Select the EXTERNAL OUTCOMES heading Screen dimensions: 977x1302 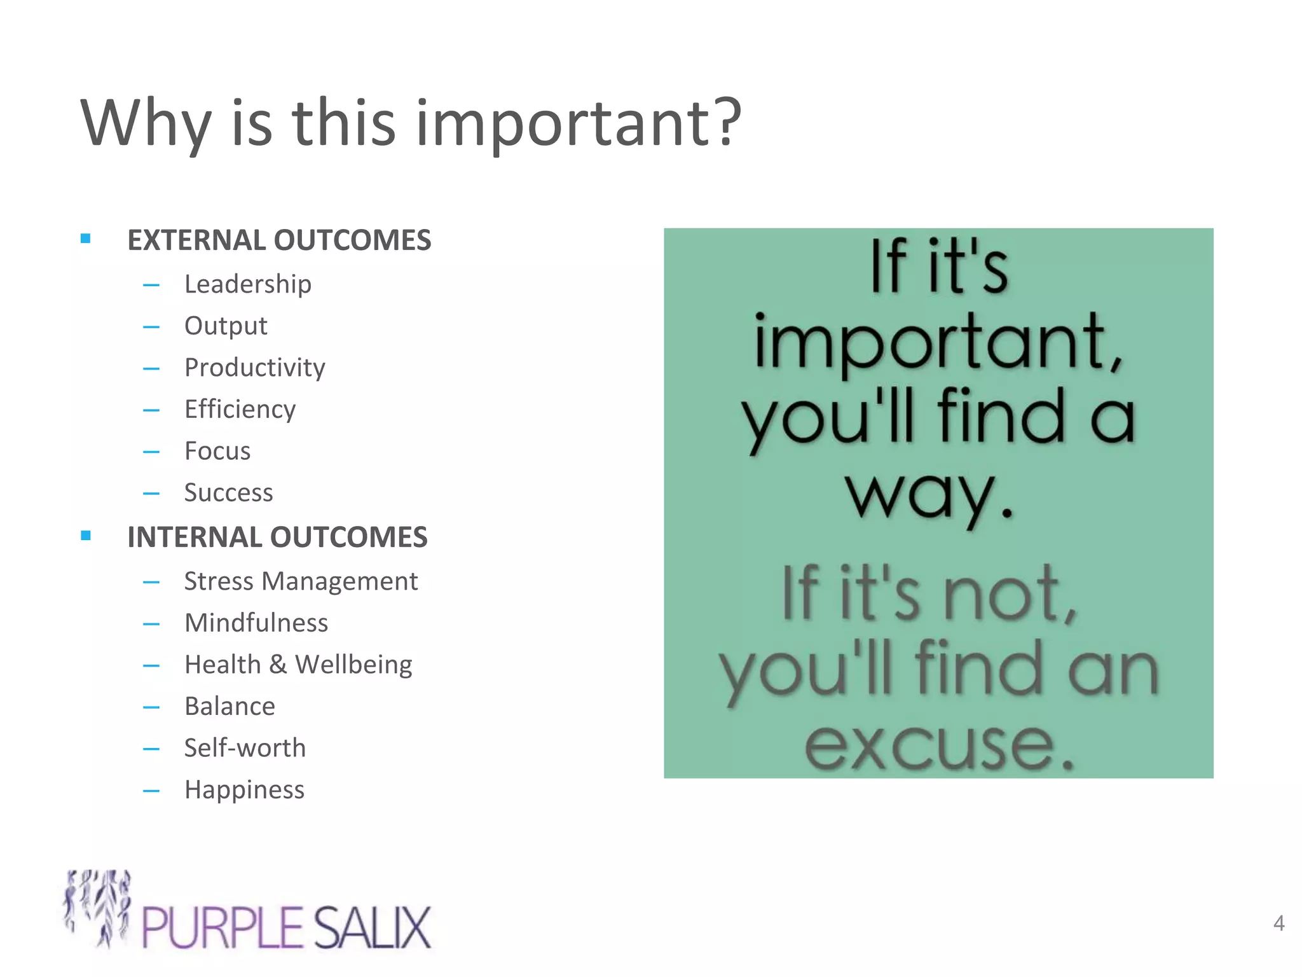click(279, 240)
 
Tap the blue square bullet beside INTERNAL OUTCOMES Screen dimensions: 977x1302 click(86, 536)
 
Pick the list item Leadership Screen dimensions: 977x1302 click(248, 284)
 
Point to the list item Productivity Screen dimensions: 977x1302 click(254, 368)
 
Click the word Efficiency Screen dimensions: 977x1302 click(240, 410)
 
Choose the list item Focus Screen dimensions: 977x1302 click(217, 451)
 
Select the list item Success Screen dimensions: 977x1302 click(228, 493)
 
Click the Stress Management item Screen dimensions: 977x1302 click(301, 581)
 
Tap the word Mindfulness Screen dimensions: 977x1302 click(256, 623)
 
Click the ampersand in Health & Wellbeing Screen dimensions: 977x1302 click(278, 665)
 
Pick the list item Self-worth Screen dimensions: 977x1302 click(245, 748)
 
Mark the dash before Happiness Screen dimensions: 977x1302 click(151, 791)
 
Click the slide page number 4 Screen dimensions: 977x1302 click(1278, 923)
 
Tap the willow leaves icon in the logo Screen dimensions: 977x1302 click(99, 906)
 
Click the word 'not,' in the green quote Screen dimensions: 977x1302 click(1011, 595)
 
